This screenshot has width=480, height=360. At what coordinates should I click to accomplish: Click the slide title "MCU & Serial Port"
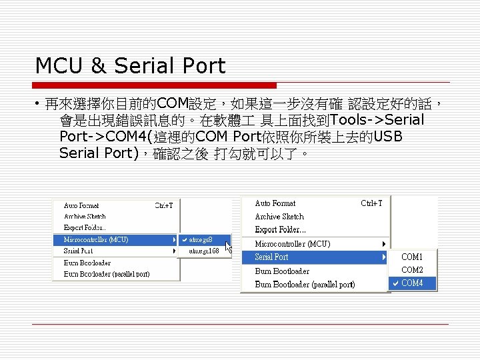coord(130,66)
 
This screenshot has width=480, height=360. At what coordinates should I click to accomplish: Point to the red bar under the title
coord(155,85)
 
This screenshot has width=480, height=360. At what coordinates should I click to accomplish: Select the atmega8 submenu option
coord(201,239)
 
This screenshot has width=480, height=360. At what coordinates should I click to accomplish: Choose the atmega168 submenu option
coord(204,251)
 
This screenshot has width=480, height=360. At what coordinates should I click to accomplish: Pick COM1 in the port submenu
coord(412,257)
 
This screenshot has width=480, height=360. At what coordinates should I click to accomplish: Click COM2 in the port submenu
coord(412,270)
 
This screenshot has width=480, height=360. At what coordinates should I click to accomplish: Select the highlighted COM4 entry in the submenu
coord(412,283)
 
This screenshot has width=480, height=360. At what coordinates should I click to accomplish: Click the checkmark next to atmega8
coord(184,239)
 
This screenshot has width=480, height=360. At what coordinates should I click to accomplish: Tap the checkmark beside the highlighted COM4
coord(395,283)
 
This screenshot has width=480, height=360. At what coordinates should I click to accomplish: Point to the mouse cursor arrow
coord(229,247)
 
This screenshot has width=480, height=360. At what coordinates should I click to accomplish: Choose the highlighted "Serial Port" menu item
coord(272,257)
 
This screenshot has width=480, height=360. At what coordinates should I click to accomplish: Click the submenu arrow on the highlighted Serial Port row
coord(384,257)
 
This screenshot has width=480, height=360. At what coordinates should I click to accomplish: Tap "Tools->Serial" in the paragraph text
coord(377,121)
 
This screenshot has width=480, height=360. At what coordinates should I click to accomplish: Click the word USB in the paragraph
coord(388,137)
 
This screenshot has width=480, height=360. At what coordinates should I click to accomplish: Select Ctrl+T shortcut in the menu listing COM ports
coord(371,203)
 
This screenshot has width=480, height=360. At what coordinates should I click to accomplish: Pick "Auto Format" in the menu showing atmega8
coord(81,206)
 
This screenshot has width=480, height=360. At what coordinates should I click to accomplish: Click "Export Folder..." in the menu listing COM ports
coord(281,230)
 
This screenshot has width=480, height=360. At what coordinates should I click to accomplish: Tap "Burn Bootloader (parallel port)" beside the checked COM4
coord(305,284)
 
